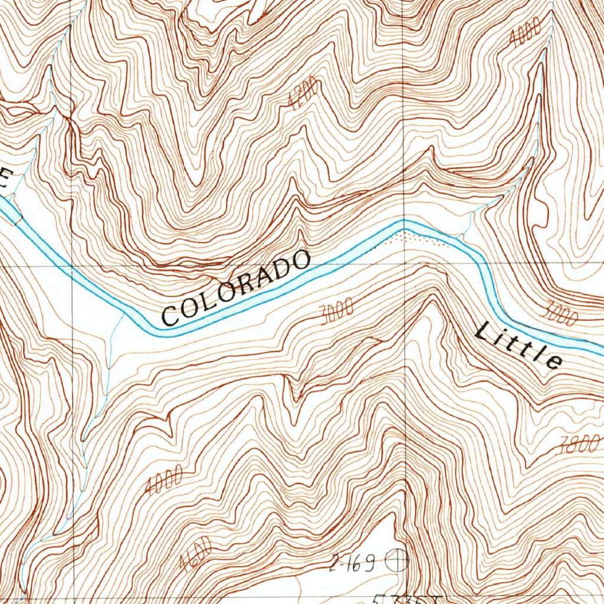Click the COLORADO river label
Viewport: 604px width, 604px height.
(236, 288)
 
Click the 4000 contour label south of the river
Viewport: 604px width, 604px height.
(163, 480)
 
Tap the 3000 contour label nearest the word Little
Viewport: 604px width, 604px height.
(560, 313)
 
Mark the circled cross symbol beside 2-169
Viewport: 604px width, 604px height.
(397, 560)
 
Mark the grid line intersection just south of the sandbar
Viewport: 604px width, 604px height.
(404, 265)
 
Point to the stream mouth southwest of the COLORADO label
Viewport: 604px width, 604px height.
(122, 316)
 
